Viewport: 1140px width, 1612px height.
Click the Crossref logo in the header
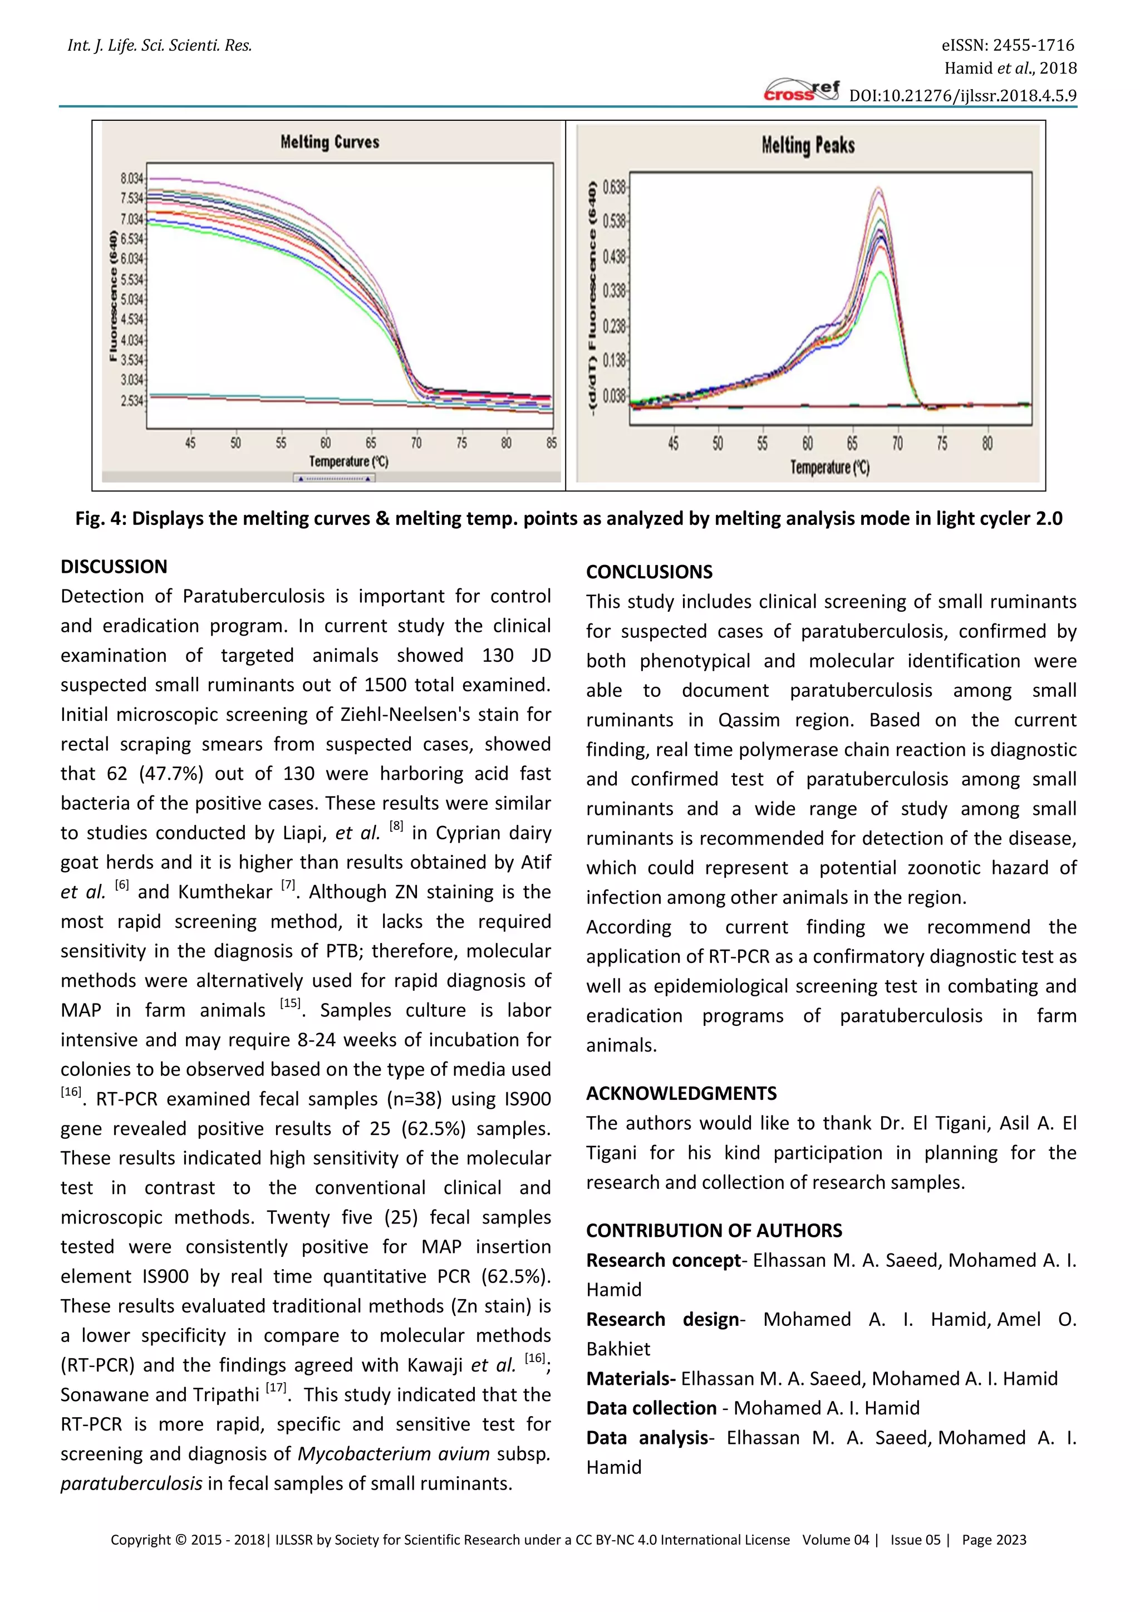801,91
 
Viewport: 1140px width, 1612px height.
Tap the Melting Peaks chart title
808,145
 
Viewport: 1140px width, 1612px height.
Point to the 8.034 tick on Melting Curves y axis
132,178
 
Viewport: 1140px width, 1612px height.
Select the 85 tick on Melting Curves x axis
551,443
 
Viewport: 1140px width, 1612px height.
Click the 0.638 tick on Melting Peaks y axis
613,187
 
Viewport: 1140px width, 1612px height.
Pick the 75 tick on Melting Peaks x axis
942,444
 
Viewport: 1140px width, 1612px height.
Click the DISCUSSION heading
114,567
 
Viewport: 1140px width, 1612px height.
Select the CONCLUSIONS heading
650,572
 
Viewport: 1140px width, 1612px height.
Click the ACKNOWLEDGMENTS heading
681,1093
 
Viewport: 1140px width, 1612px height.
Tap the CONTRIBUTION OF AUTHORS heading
714,1230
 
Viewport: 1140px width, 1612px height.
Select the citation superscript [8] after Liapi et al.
397,827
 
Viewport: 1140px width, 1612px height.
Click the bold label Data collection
651,1408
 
